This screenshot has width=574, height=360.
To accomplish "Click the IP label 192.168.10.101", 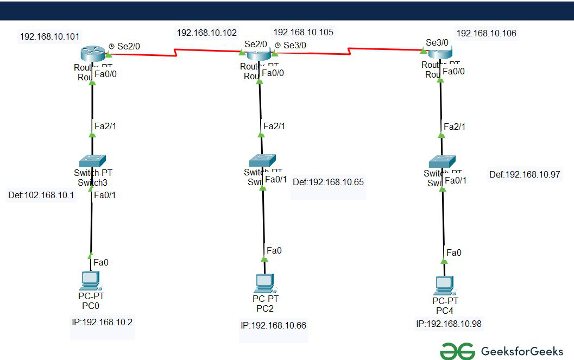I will [49, 37].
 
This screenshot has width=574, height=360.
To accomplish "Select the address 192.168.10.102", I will [206, 33].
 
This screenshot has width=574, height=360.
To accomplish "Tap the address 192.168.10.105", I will [303, 33].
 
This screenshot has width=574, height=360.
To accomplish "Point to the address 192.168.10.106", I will [486, 33].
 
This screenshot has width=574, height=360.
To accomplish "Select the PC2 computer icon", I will [264, 283].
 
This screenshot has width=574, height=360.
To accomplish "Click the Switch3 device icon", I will [92, 161].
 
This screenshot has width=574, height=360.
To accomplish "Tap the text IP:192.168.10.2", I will [102, 322].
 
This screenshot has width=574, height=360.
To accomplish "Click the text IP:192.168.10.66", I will [273, 325].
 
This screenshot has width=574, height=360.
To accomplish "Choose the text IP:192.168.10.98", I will [449, 324].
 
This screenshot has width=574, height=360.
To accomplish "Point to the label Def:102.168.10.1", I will [41, 194].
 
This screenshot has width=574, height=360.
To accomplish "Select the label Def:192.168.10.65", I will [328, 182].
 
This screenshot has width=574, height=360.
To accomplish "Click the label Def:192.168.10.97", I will [524, 174].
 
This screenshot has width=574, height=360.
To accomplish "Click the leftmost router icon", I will [92, 53].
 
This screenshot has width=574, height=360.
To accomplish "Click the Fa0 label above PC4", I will [453, 252].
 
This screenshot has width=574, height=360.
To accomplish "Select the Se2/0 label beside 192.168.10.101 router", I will [129, 47].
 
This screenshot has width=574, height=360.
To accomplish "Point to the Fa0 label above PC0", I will [101, 262].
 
